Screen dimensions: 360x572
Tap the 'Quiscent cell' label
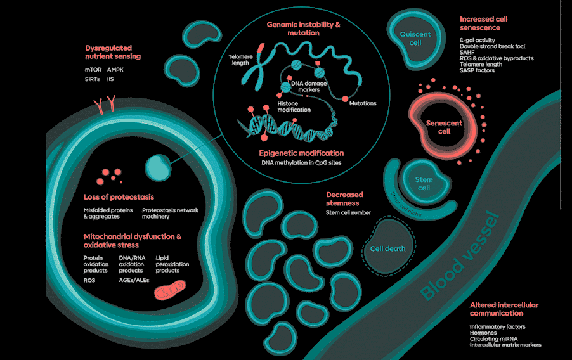(415, 38)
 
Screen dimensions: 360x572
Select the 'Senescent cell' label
(444, 127)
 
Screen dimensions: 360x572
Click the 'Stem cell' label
(423, 183)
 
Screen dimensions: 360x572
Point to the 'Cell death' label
(387, 249)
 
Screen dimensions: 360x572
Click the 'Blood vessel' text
(461, 257)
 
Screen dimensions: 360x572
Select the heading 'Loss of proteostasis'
(119, 197)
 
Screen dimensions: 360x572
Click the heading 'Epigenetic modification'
(301, 153)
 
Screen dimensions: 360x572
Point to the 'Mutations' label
(363, 103)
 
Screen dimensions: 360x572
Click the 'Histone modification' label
(294, 106)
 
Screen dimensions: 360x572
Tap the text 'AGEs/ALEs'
(134, 280)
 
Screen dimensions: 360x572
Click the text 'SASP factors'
(477, 70)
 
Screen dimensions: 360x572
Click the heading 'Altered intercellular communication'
(504, 309)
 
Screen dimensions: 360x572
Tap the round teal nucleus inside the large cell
(158, 167)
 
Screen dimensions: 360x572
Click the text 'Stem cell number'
(348, 213)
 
